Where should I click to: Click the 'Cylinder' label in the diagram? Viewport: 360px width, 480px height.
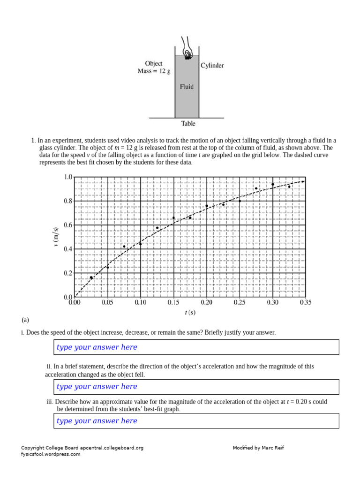click(212, 66)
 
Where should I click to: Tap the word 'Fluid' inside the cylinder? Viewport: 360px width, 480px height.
click(187, 87)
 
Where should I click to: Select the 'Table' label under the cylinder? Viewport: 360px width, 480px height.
click(188, 124)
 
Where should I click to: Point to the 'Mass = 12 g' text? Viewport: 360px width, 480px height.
click(154, 71)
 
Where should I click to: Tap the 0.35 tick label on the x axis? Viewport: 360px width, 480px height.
click(305, 303)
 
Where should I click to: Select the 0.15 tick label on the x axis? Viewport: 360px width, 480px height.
click(173, 303)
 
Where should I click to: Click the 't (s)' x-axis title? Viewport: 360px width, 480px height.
click(190, 313)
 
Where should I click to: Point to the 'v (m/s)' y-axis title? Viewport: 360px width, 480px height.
click(56, 237)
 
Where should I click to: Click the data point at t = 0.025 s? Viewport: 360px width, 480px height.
click(91, 277)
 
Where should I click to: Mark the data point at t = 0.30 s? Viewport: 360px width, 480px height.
click(273, 184)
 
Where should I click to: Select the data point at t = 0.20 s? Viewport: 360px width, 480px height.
click(207, 206)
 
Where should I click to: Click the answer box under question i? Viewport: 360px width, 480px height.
click(196, 347)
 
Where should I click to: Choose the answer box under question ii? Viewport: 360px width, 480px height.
click(196, 387)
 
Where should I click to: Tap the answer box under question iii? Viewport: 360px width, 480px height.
click(196, 421)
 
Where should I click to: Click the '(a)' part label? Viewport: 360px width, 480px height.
click(25, 320)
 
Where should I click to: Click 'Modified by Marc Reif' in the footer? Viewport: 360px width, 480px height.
click(258, 448)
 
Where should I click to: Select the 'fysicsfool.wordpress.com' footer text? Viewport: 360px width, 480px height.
click(51, 454)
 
